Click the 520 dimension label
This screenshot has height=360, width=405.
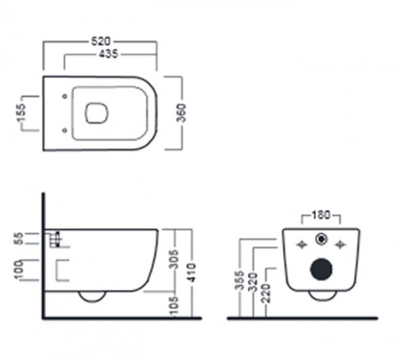(x=101, y=41)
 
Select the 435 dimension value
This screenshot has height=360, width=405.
(x=109, y=54)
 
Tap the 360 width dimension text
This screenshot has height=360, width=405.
(x=181, y=112)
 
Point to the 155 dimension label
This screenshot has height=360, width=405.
(x=22, y=113)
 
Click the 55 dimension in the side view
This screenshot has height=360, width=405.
(x=19, y=238)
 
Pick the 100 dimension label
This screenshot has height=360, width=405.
(x=19, y=270)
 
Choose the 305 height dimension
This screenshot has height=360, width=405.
(x=175, y=259)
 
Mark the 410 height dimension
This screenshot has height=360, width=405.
(x=192, y=273)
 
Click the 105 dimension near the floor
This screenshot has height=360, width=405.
(x=175, y=306)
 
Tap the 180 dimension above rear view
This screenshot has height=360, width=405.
(x=320, y=215)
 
